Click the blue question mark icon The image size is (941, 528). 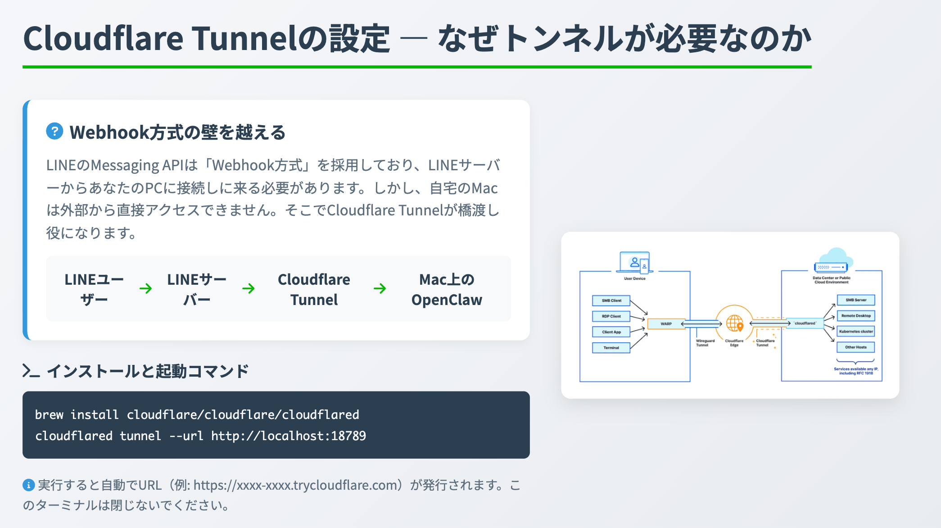click(x=54, y=132)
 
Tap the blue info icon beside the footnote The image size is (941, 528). click(x=28, y=485)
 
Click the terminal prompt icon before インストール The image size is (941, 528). click(x=31, y=371)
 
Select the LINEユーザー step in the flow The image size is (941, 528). click(x=94, y=289)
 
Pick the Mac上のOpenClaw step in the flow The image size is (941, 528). click(x=447, y=289)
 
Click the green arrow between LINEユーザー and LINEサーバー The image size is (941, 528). click(x=145, y=288)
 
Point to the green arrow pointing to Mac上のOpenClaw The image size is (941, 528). click(x=380, y=288)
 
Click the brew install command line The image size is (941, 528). click(x=197, y=414)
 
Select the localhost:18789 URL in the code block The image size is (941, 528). click(x=288, y=436)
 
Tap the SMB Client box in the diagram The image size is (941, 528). click(x=611, y=300)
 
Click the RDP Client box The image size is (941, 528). click(x=611, y=316)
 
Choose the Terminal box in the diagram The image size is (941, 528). click(x=611, y=348)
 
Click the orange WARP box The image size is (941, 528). click(x=666, y=323)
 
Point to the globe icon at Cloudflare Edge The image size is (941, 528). click(x=734, y=323)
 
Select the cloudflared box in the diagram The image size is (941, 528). click(x=805, y=323)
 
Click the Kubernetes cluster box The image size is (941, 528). click(x=855, y=332)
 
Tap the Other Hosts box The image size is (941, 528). click(x=855, y=347)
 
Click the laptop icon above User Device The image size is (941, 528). click(x=635, y=262)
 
